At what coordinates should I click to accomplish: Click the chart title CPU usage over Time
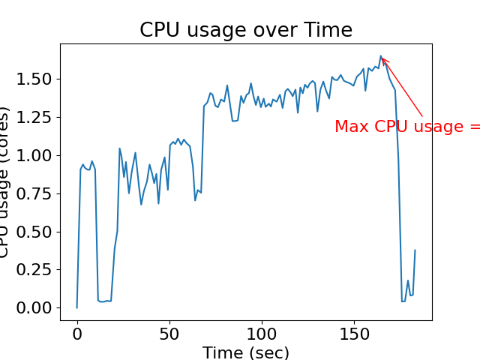pyautogui.click(x=245, y=30)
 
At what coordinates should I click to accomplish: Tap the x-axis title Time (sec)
pyautogui.click(x=245, y=352)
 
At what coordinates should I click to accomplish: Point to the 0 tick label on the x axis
pyautogui.click(x=76, y=332)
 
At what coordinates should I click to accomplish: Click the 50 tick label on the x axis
pyautogui.click(x=169, y=332)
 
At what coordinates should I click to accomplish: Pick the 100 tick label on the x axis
pyautogui.click(x=262, y=332)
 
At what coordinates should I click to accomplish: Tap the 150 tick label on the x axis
pyautogui.click(x=354, y=332)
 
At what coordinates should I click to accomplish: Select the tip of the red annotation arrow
pyautogui.click(x=382, y=57)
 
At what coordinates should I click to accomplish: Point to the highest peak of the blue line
pyautogui.click(x=381, y=55)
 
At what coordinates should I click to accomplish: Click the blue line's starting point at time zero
pyautogui.click(x=76, y=307)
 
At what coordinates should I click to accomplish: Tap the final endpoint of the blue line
pyautogui.click(x=415, y=250)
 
